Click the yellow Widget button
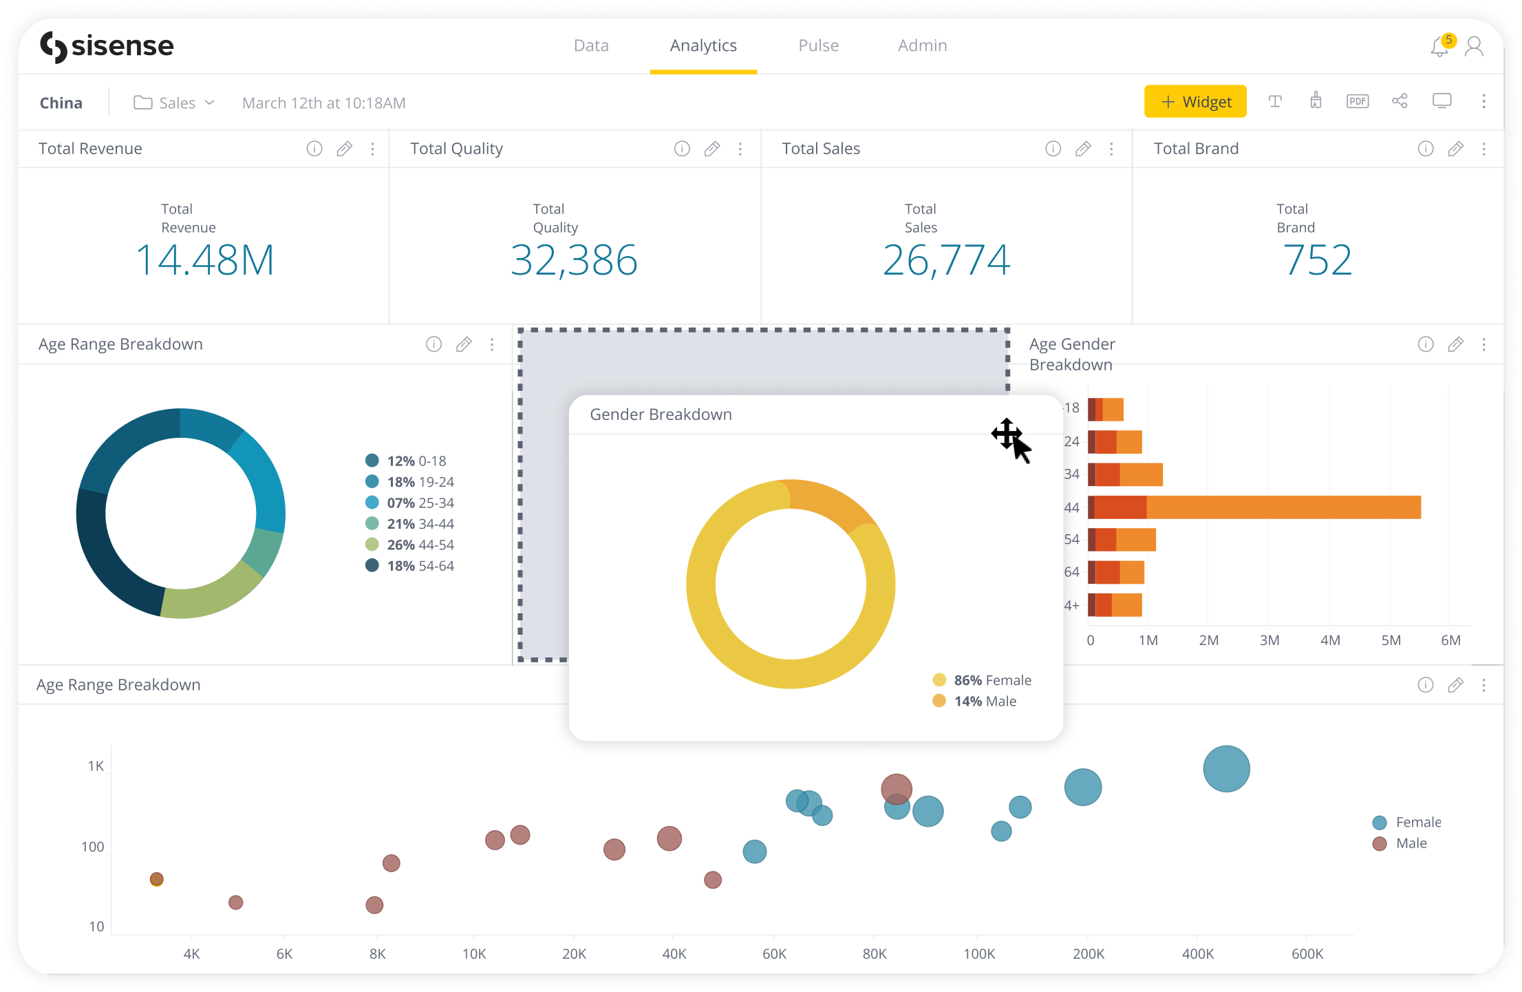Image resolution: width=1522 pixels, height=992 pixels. tap(1195, 102)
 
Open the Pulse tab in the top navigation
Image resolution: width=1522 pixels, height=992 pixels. tap(818, 45)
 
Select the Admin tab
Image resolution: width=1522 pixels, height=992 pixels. tap(922, 45)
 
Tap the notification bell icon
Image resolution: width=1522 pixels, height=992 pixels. tap(1439, 47)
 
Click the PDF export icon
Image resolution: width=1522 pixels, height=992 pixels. tap(1357, 102)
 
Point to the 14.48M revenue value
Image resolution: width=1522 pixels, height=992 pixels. tap(205, 260)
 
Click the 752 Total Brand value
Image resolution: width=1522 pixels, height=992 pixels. tap(1318, 260)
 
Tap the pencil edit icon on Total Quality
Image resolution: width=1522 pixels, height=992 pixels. tap(712, 149)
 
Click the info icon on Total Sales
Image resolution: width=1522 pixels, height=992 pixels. tap(1053, 149)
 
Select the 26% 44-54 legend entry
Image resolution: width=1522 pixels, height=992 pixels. tap(410, 545)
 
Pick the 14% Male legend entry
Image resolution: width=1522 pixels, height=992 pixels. tap(976, 701)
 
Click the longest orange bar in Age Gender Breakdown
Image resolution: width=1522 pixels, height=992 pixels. tap(1283, 507)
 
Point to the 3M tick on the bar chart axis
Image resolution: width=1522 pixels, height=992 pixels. tap(1269, 640)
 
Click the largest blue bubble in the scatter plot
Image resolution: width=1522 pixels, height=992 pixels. tap(1226, 769)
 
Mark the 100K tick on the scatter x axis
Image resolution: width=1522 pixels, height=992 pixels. tap(978, 954)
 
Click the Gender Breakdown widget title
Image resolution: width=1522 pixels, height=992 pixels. tap(661, 414)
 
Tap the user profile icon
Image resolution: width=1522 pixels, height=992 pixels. tap(1475, 47)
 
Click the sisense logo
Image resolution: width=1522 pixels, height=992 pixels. tap(107, 47)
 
